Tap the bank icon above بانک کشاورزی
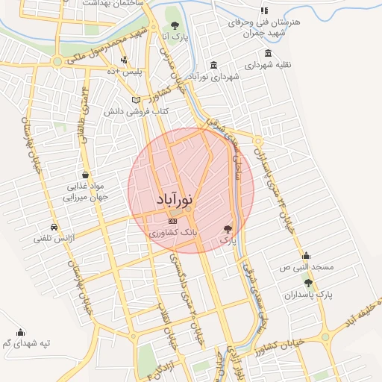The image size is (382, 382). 173,221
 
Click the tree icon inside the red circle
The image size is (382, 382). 228,229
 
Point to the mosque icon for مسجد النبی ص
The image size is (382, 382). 306,255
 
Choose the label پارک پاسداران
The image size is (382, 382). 307,295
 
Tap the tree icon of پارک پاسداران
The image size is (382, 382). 308,282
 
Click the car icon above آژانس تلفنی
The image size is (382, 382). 53,227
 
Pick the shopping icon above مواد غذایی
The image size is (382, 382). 87,173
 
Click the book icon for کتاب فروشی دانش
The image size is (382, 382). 136,99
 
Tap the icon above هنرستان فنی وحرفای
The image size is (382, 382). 263,10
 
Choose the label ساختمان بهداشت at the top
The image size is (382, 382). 113,4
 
